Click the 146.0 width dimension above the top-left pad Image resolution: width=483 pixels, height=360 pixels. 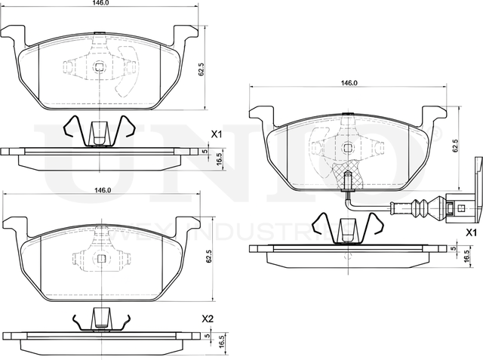point(101,4)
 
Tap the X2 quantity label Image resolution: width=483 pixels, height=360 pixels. point(208,320)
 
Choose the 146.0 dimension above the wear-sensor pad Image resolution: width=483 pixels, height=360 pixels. point(348,83)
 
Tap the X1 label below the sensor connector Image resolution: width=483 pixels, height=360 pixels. point(471,232)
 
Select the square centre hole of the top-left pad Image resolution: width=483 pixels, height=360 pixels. point(100,66)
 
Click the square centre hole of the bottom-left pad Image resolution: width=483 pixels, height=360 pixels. point(100,257)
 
